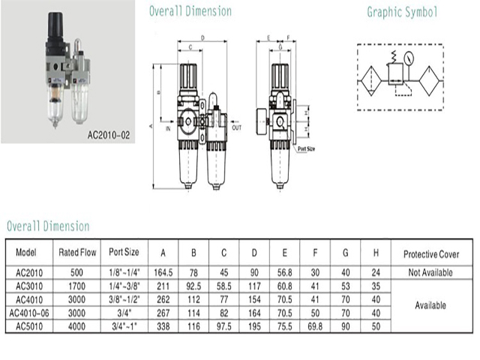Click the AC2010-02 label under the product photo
point(109,135)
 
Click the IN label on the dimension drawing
point(168,128)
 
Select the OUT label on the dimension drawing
point(237,127)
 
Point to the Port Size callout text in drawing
point(307,148)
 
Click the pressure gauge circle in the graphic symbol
point(409,58)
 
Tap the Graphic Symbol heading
point(402,12)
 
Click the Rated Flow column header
point(77,252)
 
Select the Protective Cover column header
point(431,254)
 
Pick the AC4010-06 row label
point(29,313)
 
